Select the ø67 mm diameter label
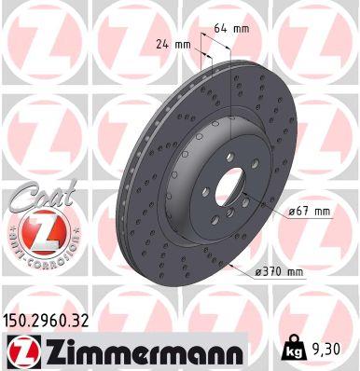(x=284, y=212)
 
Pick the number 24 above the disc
(x=164, y=43)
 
